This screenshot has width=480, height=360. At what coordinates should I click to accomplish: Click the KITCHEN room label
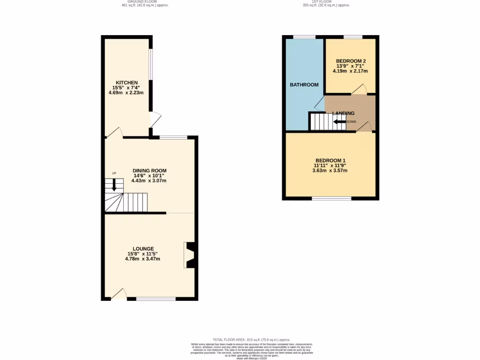[x=127, y=82]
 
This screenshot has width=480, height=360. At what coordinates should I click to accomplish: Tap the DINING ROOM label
[x=149, y=171]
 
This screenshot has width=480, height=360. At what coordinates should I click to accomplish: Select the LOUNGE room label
[x=143, y=248]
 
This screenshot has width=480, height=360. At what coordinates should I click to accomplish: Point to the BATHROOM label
[x=304, y=85]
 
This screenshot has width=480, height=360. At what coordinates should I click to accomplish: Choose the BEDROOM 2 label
[x=351, y=61]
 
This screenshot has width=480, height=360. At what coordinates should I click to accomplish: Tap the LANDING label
[x=343, y=113]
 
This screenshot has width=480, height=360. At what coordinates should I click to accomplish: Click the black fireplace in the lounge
[x=190, y=255]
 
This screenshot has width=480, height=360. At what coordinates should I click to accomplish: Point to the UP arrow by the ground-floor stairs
[x=114, y=184]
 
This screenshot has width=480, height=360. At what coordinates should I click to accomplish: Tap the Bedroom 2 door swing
[x=360, y=89]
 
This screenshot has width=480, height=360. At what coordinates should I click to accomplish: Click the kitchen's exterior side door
[x=155, y=120]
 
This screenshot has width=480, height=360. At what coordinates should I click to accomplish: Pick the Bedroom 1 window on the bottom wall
[x=331, y=199]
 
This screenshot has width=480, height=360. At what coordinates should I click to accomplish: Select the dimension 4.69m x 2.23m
[x=126, y=93]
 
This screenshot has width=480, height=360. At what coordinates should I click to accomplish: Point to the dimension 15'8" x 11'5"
[x=143, y=254]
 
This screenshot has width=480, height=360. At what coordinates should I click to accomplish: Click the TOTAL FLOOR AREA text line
[x=252, y=339]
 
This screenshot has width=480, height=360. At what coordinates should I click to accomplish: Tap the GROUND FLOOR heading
[x=145, y=2]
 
